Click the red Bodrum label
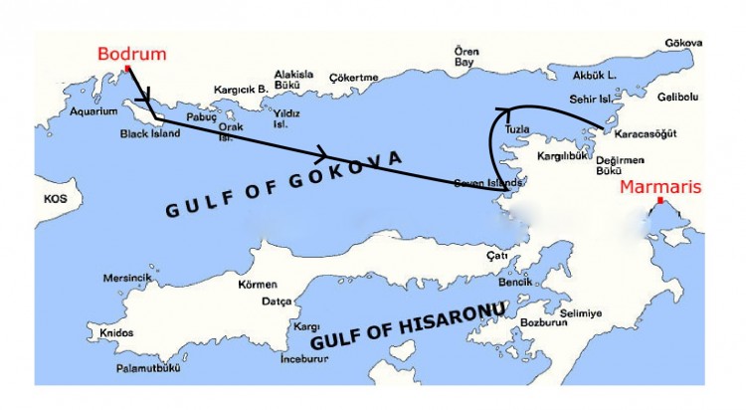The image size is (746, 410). tap(131, 54)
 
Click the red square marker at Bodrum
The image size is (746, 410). tap(127, 69)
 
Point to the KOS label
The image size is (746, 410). tap(54, 198)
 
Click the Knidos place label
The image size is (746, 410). tap(116, 332)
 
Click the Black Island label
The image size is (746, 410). tap(150, 133)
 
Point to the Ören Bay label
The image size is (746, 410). tap(466, 56)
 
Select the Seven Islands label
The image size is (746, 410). tap(487, 183)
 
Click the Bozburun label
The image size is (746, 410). tap(544, 323)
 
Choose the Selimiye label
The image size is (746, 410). tap(582, 313)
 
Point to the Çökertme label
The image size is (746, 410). tap(357, 78)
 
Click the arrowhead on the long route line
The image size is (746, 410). tap(321, 155)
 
